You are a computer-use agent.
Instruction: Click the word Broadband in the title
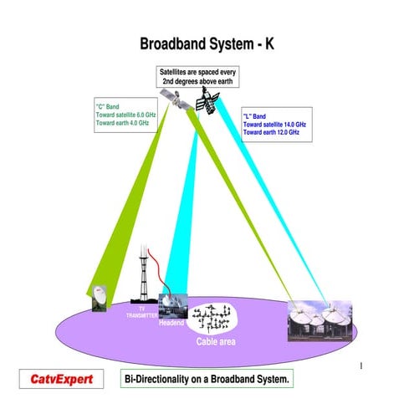click(x=174, y=43)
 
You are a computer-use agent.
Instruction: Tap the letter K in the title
click(x=270, y=43)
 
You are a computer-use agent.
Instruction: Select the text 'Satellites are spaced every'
click(x=197, y=74)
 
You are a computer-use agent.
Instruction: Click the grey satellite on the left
click(x=176, y=98)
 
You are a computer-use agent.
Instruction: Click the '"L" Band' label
click(x=255, y=116)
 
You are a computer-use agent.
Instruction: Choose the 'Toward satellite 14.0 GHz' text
click(x=274, y=125)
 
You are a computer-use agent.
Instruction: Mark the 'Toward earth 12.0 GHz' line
click(x=270, y=133)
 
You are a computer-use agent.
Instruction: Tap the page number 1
click(x=360, y=365)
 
